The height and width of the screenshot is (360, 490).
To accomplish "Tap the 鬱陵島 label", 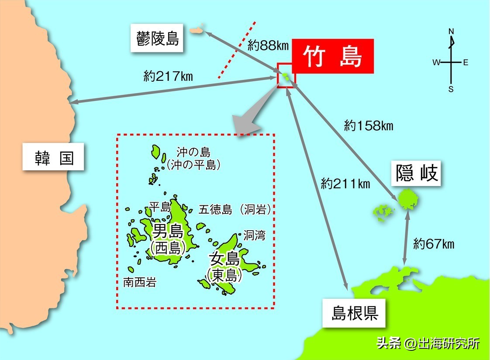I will pyautogui.click(x=157, y=39).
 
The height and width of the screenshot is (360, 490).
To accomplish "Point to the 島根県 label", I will pyautogui.click(x=354, y=313).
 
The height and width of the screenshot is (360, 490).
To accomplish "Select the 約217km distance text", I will pyautogui.click(x=168, y=76).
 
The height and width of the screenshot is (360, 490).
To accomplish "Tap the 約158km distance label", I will pyautogui.click(x=369, y=126).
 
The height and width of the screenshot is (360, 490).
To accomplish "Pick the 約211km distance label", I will pyautogui.click(x=345, y=183).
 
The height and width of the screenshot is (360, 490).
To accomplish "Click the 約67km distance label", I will pyautogui.click(x=434, y=244).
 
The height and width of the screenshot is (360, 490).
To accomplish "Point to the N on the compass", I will pyautogui.click(x=452, y=31).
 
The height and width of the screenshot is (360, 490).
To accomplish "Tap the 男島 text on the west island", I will pyautogui.click(x=168, y=231).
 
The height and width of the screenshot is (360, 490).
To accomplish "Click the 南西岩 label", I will pyautogui.click(x=139, y=283).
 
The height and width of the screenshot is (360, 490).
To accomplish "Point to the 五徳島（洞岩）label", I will pyautogui.click(x=235, y=209).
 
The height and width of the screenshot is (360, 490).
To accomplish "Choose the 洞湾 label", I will pyautogui.click(x=254, y=235).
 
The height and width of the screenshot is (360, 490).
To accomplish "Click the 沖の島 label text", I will pyautogui.click(x=193, y=152).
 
